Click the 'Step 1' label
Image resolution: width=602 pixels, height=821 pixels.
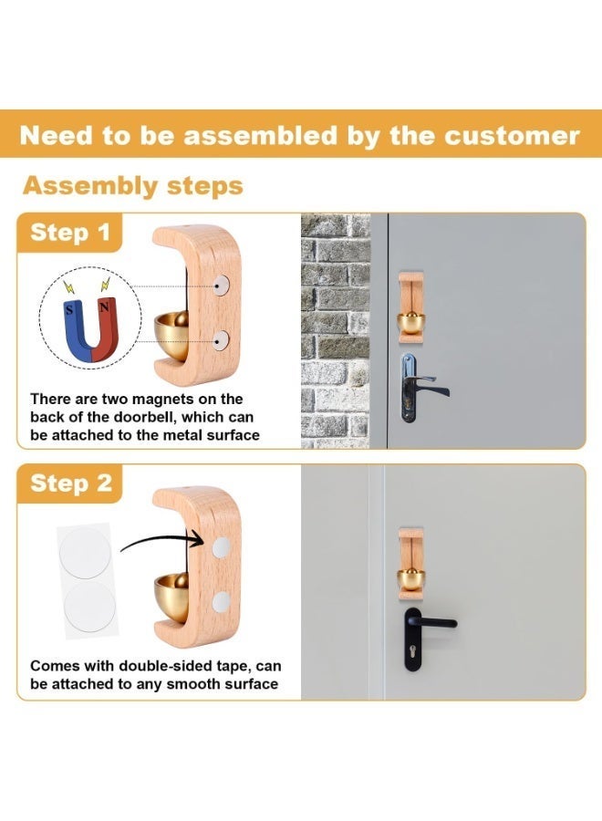click(70, 233)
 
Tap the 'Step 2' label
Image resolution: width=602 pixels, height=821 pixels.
click(71, 483)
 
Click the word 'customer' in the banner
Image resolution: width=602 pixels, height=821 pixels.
click(512, 136)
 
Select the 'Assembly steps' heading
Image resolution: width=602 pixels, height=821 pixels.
click(133, 186)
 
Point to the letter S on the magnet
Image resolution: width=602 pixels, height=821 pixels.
click(69, 309)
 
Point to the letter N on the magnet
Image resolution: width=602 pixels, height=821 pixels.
click(104, 307)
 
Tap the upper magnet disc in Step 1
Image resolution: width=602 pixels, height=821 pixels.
click(221, 286)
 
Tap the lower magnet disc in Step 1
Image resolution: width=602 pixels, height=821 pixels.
click(221, 340)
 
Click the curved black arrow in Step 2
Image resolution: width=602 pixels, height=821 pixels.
click(162, 541)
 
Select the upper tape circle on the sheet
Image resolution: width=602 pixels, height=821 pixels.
click(85, 553)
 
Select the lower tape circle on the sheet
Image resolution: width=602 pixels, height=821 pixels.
click(89, 607)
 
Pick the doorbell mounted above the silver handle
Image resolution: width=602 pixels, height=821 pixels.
click(411, 307)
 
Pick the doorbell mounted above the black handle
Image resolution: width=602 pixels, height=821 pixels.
click(411, 564)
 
